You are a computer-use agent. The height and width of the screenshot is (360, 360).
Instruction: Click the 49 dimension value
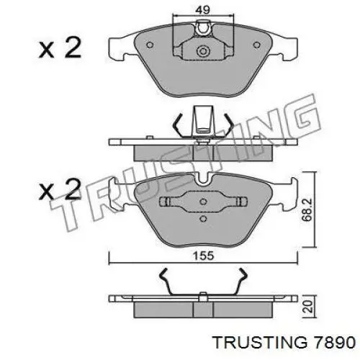(203, 10)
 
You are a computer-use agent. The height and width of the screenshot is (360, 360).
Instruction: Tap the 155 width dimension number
(203, 256)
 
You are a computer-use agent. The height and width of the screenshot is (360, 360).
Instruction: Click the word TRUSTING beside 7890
(261, 343)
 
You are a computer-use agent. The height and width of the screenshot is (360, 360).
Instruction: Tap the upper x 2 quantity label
(60, 49)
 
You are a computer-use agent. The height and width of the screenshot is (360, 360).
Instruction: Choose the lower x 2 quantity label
(60, 189)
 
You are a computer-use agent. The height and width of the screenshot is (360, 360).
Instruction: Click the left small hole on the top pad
(150, 45)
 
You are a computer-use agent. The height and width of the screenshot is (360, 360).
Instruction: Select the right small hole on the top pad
(257, 45)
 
